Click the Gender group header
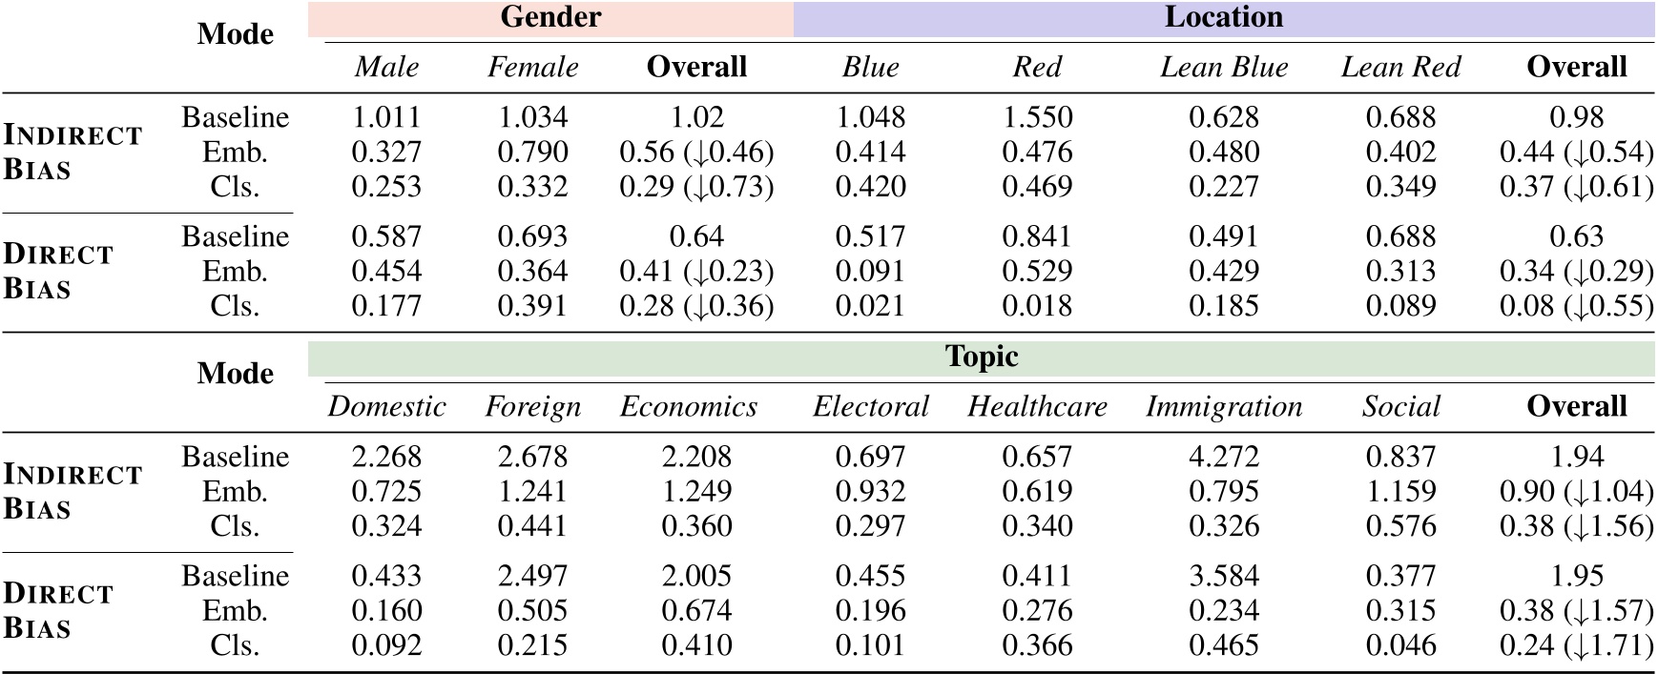point(550,18)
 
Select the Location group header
point(1223,18)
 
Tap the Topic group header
point(981,357)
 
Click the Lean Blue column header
point(1223,68)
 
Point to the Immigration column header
point(1223,407)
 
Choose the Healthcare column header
point(1037,407)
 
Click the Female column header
point(532,68)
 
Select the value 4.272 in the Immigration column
point(1223,458)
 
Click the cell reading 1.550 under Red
point(1037,118)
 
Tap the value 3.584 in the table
point(1223,577)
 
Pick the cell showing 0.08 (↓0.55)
point(1576,306)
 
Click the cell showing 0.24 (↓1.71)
point(1576,645)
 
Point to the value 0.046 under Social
point(1400,645)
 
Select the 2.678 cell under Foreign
point(532,458)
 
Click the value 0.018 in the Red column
point(1037,306)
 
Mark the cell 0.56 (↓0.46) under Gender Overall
point(696,153)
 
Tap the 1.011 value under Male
point(386,118)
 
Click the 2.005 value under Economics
point(696,577)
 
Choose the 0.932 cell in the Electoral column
point(870,492)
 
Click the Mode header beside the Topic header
point(235,374)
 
